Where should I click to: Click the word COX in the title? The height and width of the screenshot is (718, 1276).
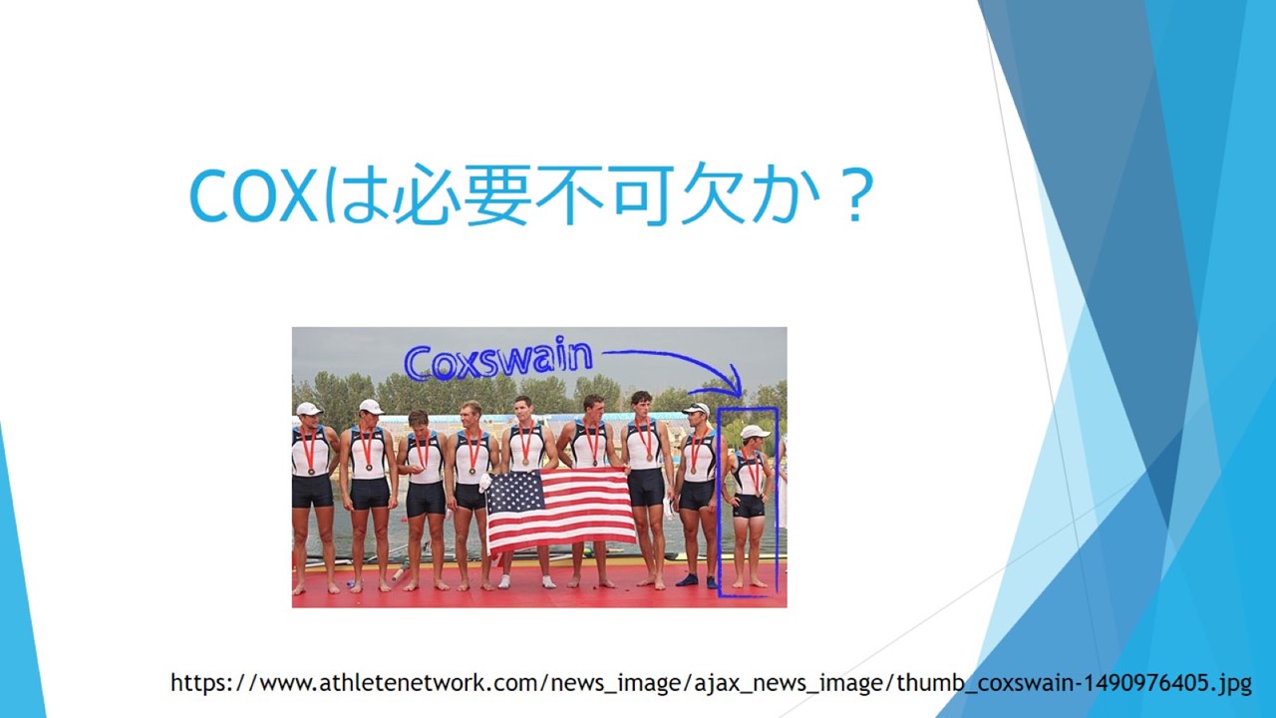(253, 195)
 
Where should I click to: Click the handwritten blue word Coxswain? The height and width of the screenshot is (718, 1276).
(498, 358)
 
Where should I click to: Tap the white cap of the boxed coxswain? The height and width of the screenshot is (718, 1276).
(755, 432)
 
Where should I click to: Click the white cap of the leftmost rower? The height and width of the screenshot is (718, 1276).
(308, 409)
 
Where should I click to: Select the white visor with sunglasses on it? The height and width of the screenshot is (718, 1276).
(696, 408)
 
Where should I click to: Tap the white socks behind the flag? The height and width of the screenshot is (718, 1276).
(525, 581)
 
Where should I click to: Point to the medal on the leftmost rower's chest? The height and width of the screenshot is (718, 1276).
(311, 472)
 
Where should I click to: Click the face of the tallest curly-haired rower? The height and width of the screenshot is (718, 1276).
(643, 407)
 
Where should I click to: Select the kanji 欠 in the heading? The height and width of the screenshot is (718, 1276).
(713, 194)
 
